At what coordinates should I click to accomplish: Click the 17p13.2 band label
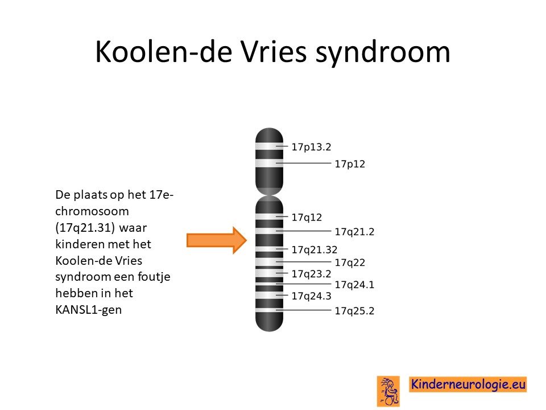point(311,147)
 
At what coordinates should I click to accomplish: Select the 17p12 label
point(350,164)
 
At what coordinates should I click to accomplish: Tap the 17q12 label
point(307,218)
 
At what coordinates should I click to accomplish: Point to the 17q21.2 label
point(354,232)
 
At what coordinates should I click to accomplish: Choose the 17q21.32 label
point(315,249)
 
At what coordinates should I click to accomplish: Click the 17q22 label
point(350,263)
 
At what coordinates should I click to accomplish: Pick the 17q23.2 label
point(311,274)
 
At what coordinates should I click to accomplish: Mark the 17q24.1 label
point(354,285)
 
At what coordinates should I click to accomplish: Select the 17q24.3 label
point(311,296)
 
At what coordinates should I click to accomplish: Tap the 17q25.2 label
point(354,311)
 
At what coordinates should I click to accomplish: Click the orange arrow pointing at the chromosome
point(217,240)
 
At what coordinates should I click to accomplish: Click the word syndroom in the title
point(383,53)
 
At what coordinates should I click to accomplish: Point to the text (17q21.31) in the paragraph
point(85,228)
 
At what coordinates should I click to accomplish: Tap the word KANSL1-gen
point(89,310)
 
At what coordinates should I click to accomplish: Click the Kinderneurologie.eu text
point(468,384)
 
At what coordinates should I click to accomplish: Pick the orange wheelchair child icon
point(388,391)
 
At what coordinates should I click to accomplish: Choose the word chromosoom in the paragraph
point(92,211)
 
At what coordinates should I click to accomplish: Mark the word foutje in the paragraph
point(154,277)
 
